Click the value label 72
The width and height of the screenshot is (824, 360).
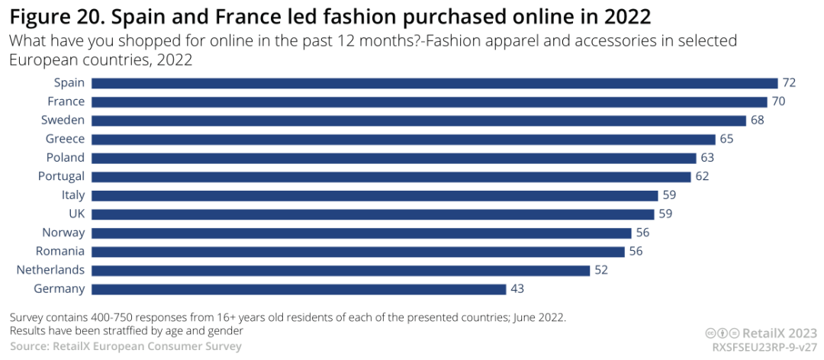coord(789,83)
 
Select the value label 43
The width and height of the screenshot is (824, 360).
coord(518,289)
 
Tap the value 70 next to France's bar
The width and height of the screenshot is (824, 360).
coord(777,101)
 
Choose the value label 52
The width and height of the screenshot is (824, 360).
coord(602,270)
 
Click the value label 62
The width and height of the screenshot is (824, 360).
coord(702,176)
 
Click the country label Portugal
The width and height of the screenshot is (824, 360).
coord(61,176)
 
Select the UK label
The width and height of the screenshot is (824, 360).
coord(76,214)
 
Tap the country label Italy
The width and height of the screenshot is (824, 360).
coord(73,195)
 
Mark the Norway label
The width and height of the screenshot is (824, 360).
coord(63,233)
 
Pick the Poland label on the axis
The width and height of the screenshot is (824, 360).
coord(66,158)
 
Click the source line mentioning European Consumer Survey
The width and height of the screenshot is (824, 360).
coord(125,346)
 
